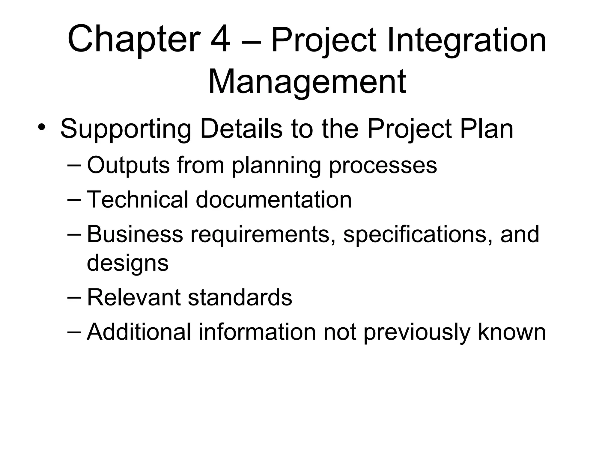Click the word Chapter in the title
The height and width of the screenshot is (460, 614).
pos(134,40)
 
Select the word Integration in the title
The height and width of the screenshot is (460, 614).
pos(466,40)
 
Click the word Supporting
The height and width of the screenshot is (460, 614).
pos(126,129)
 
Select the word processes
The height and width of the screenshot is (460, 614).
pos(383,166)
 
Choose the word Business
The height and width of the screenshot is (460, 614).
pos(135,234)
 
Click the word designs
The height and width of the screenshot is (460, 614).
pos(128,263)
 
